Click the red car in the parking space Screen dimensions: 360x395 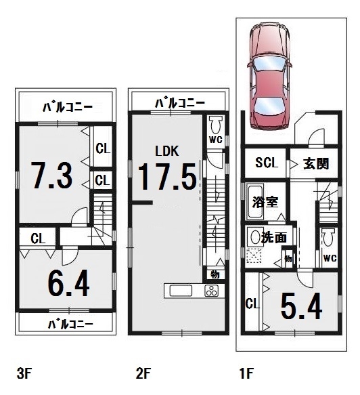(x=270, y=76)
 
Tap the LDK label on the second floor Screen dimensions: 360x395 (x=167, y=151)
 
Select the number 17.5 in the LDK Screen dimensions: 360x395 (x=167, y=177)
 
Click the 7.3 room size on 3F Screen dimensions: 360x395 (x=52, y=175)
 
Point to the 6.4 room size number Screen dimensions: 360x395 (x=68, y=283)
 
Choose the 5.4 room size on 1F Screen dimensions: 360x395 (x=301, y=306)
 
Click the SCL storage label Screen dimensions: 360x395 (x=267, y=163)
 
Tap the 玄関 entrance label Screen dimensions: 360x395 (x=316, y=164)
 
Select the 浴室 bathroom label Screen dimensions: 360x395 (x=265, y=202)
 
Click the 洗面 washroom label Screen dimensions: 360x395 (x=274, y=237)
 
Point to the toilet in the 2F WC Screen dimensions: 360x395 (x=216, y=125)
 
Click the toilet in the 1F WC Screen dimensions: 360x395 (x=328, y=237)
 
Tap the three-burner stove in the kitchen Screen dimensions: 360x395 (x=211, y=291)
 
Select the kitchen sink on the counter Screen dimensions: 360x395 (x=181, y=291)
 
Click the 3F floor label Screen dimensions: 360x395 (x=24, y=373)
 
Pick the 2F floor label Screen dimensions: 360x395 (x=143, y=373)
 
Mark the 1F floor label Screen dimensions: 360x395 (x=246, y=373)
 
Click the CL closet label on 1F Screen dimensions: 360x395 (x=252, y=304)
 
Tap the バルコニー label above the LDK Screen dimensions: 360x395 (x=180, y=103)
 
